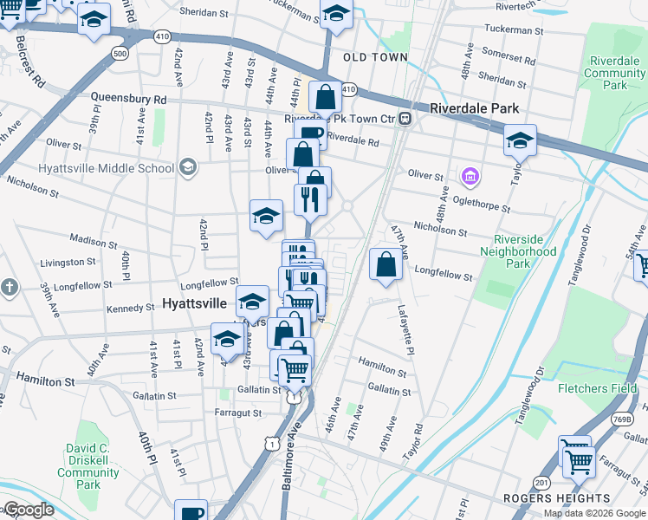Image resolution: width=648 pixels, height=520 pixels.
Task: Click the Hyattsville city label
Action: [195, 304]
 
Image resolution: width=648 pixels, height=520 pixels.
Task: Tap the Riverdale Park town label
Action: [475, 108]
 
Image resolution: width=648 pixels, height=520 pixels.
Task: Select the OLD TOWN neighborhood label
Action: [375, 57]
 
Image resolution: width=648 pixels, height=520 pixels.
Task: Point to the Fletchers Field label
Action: [598, 388]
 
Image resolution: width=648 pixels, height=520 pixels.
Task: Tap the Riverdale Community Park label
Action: [617, 74]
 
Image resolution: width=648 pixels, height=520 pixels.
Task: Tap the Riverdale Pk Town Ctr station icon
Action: [405, 119]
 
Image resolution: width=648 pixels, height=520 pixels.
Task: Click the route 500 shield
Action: [119, 55]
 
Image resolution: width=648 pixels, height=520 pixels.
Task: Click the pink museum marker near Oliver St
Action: [470, 178]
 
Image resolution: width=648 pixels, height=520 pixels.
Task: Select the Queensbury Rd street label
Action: [128, 100]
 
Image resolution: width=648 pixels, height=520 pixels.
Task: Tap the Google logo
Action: [28, 510]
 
